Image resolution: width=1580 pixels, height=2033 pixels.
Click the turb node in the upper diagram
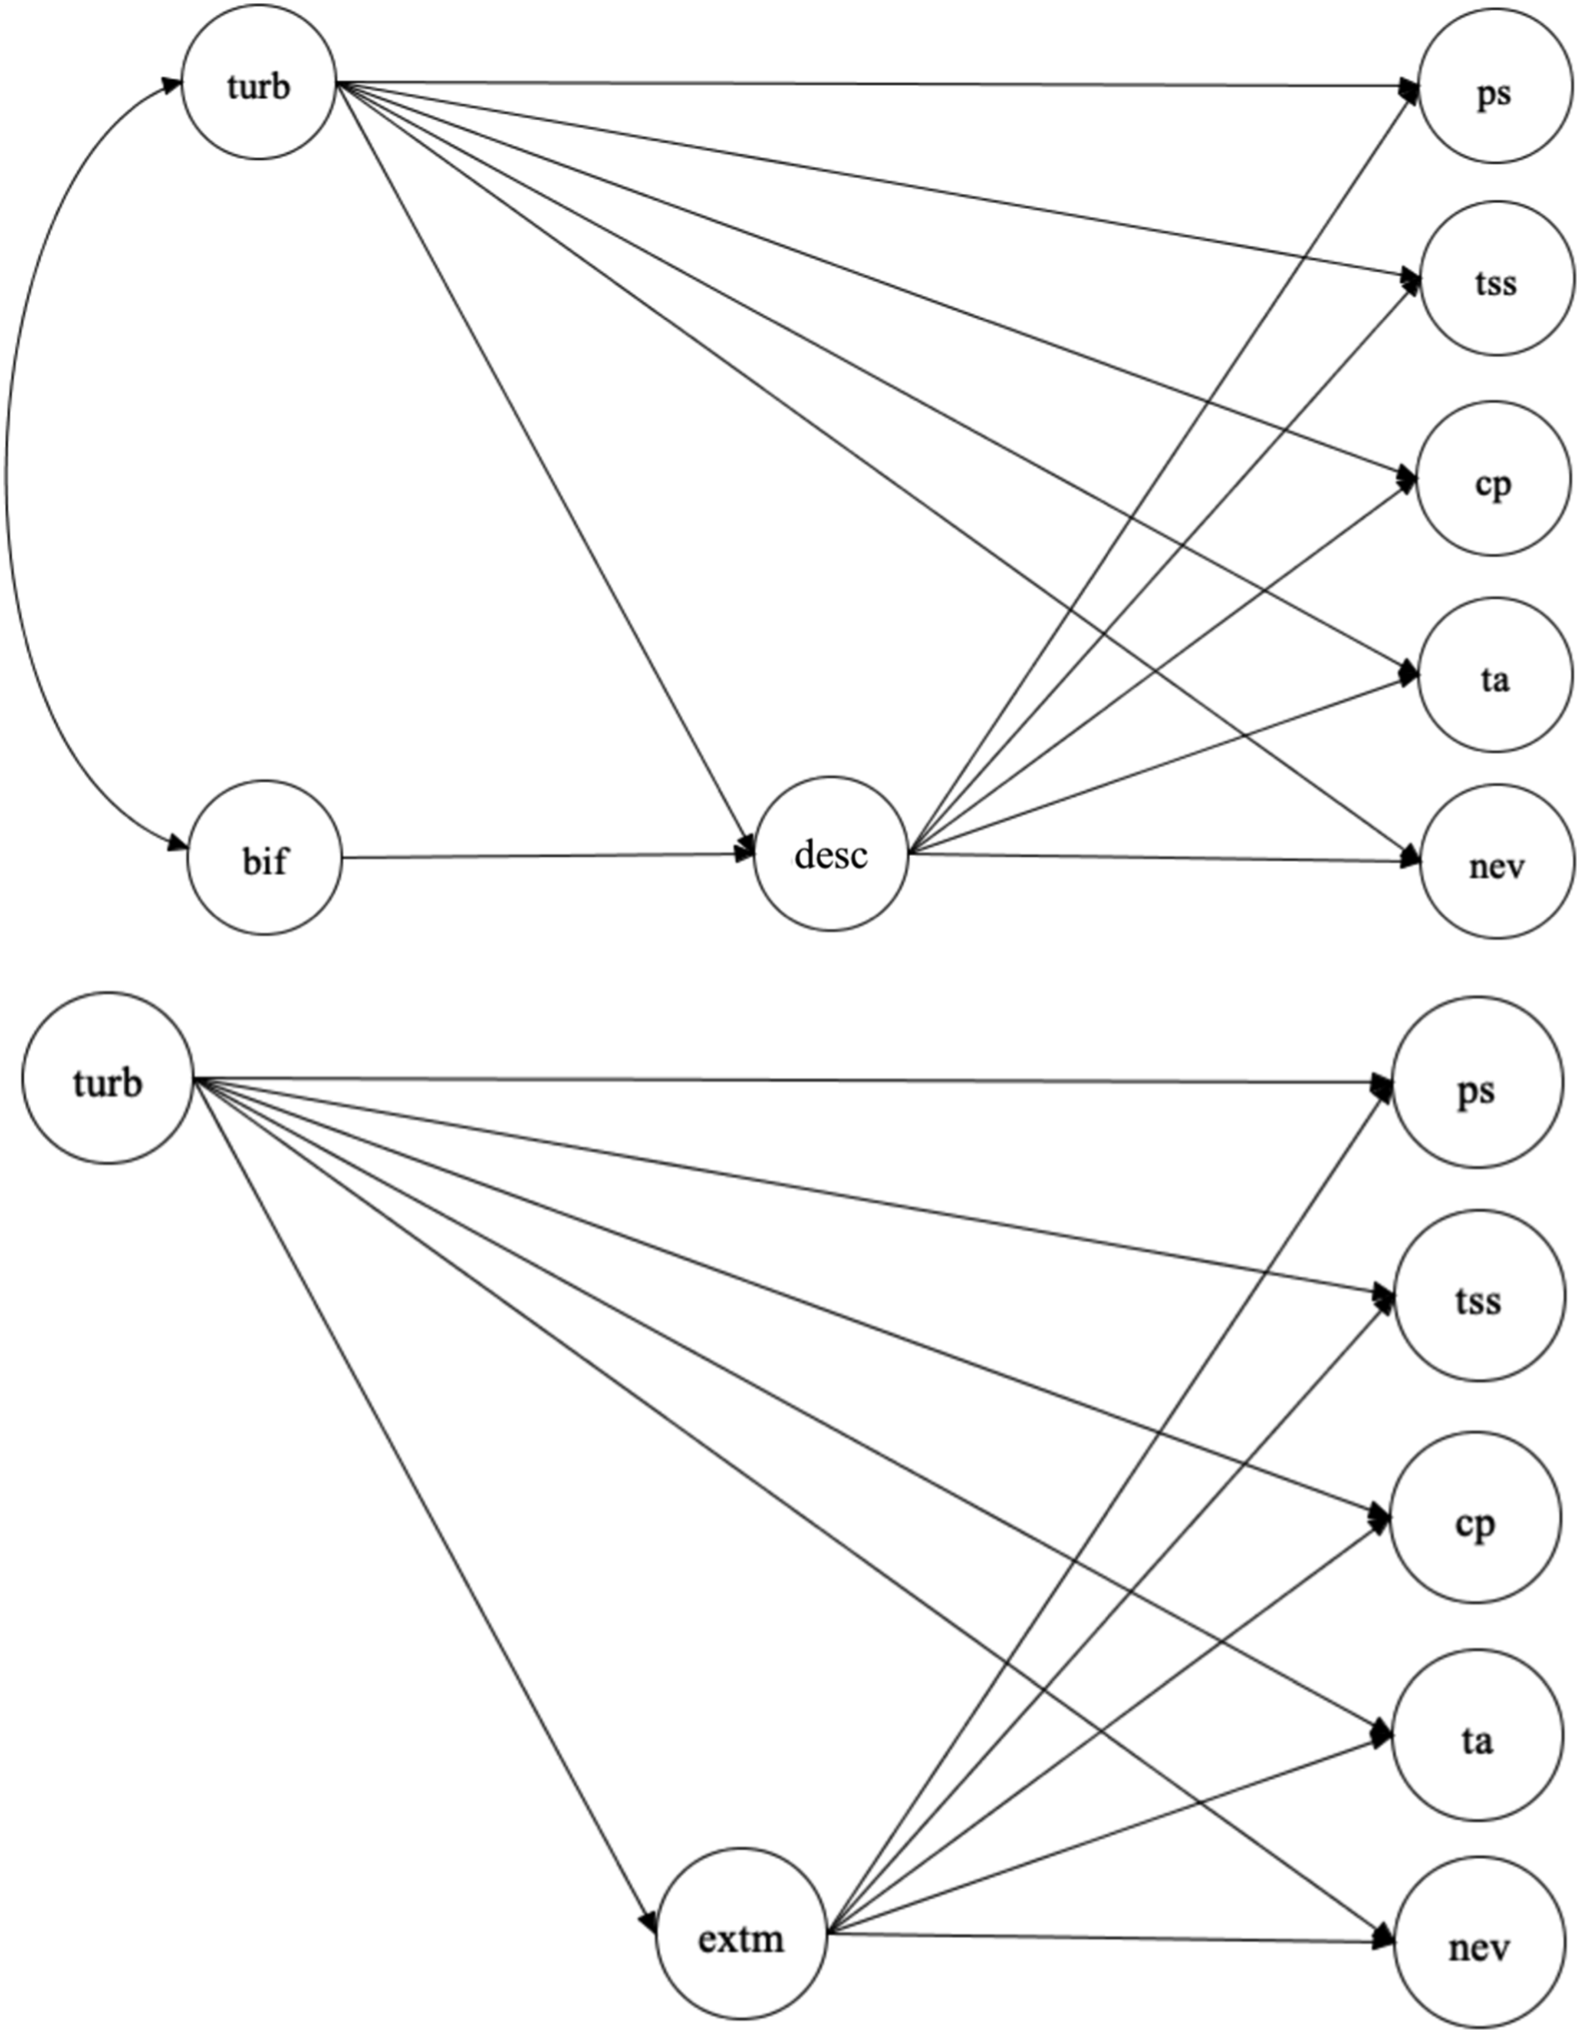pos(259,84)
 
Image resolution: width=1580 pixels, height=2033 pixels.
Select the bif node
pos(265,857)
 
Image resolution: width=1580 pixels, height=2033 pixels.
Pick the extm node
pos(741,1935)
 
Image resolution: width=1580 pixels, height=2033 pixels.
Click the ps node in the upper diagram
pos(1495,93)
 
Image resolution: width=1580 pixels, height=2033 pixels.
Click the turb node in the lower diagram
pos(107,1078)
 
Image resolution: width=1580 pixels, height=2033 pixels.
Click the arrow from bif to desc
pos(548,856)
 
